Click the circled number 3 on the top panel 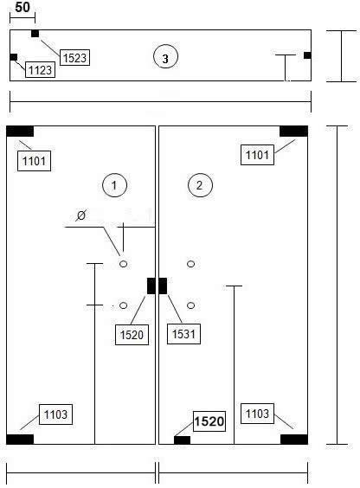pos(165,58)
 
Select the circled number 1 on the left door pos(114,185)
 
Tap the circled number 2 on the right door pos(200,185)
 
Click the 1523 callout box pos(74,57)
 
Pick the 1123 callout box pos(40,70)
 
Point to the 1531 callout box pos(183,334)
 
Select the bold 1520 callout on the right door pos(209,421)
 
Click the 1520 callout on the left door pos(132,335)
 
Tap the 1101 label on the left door pos(34,161)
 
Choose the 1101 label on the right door pos(257,155)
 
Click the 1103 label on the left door pos(55,414)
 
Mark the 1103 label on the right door pos(257,414)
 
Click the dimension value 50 pos(22,8)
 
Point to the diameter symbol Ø pos(80,215)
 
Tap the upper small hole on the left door pos(124,264)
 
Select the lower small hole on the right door pos(191,305)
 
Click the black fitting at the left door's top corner pos(20,131)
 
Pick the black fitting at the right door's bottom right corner pos(294,440)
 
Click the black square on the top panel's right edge pos(307,55)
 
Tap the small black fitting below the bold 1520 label pos(182,440)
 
